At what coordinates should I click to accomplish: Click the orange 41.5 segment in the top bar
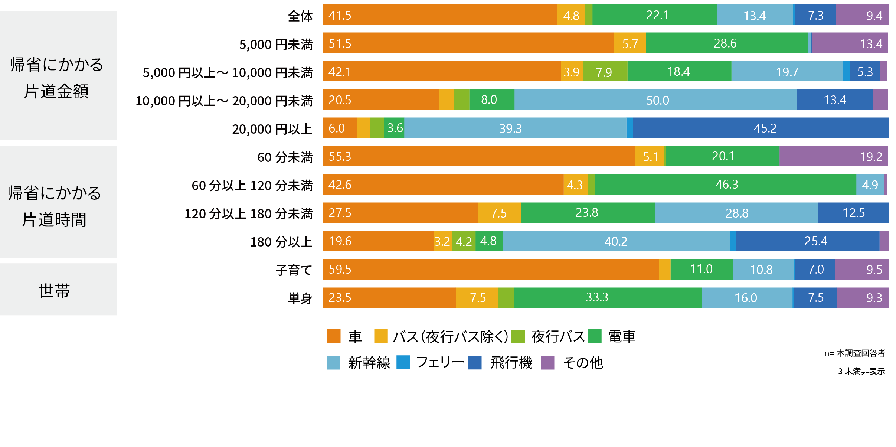coord(440,15)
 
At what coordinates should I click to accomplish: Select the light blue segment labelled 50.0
coord(655,99)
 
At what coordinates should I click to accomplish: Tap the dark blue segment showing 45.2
coord(761,128)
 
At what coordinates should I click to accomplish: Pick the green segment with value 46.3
coord(726,185)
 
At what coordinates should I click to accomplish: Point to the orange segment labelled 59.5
coord(491,269)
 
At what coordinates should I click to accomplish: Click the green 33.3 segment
coord(608,297)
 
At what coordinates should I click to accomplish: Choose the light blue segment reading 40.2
coord(616,241)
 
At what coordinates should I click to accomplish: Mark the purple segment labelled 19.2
coord(834,156)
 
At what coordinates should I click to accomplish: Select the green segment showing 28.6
coord(727,43)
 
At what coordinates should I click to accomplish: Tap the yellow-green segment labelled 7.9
coord(605,71)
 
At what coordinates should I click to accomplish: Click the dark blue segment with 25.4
coord(808,241)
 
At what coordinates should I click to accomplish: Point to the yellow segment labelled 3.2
coord(442,241)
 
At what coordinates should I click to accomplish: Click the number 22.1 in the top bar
coord(657,15)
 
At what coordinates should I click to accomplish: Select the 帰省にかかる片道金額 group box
coord(59,75)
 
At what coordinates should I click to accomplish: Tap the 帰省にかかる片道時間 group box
coord(59,202)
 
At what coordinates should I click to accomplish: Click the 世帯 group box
coord(59,290)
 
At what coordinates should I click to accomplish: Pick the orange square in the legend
coord(334,336)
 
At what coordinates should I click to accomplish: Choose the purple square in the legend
coord(547,363)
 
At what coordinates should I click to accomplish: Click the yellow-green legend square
coord(518,336)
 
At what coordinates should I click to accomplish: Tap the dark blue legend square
coord(475,363)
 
